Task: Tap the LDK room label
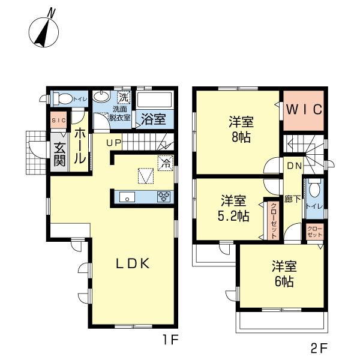pos(133,263)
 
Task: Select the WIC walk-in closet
pos(304,110)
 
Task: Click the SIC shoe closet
pos(59,121)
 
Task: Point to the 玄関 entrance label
pos(59,154)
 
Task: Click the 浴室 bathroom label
pos(153,119)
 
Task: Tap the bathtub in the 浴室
pos(154,100)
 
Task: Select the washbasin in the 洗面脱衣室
pos(101,96)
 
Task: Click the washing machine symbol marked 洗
pos(124,97)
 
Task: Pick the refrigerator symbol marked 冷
pos(165,163)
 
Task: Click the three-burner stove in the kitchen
pos(164,197)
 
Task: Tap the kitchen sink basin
pos(127,197)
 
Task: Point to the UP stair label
pos(113,143)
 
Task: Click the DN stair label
pos(295,166)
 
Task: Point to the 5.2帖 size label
pos(233,216)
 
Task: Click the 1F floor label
pos(170,340)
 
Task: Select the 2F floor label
pos(319,349)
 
